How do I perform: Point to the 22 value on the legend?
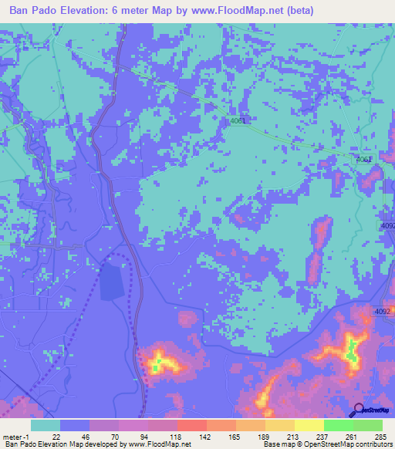[x=56, y=436]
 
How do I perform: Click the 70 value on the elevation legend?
[x=116, y=436]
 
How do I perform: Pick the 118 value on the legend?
[x=174, y=436]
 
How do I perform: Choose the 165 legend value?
[x=232, y=436]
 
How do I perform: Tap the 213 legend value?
[x=290, y=436]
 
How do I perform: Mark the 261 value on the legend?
[x=349, y=436]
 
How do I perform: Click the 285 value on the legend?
[x=378, y=436]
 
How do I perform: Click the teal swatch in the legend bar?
[x=45, y=425]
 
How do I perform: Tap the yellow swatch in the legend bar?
[x=309, y=425]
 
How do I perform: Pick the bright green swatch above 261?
[x=338, y=425]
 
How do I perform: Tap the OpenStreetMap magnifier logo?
[x=360, y=410]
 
